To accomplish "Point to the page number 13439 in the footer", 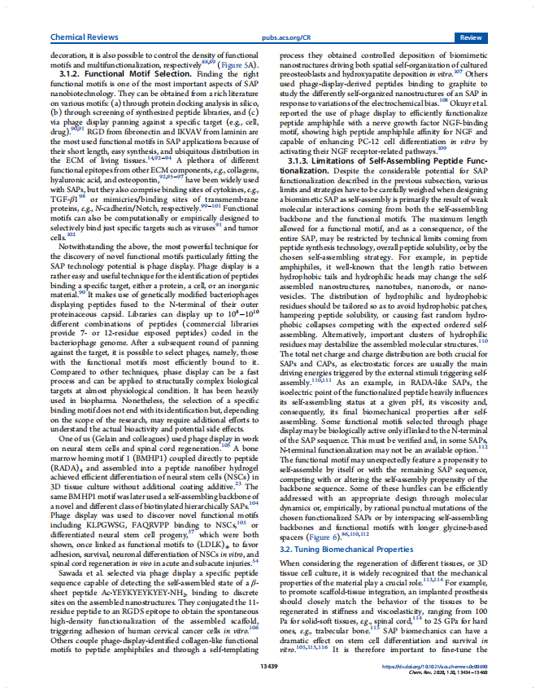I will point(269,666).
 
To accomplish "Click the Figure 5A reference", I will point(241,64).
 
